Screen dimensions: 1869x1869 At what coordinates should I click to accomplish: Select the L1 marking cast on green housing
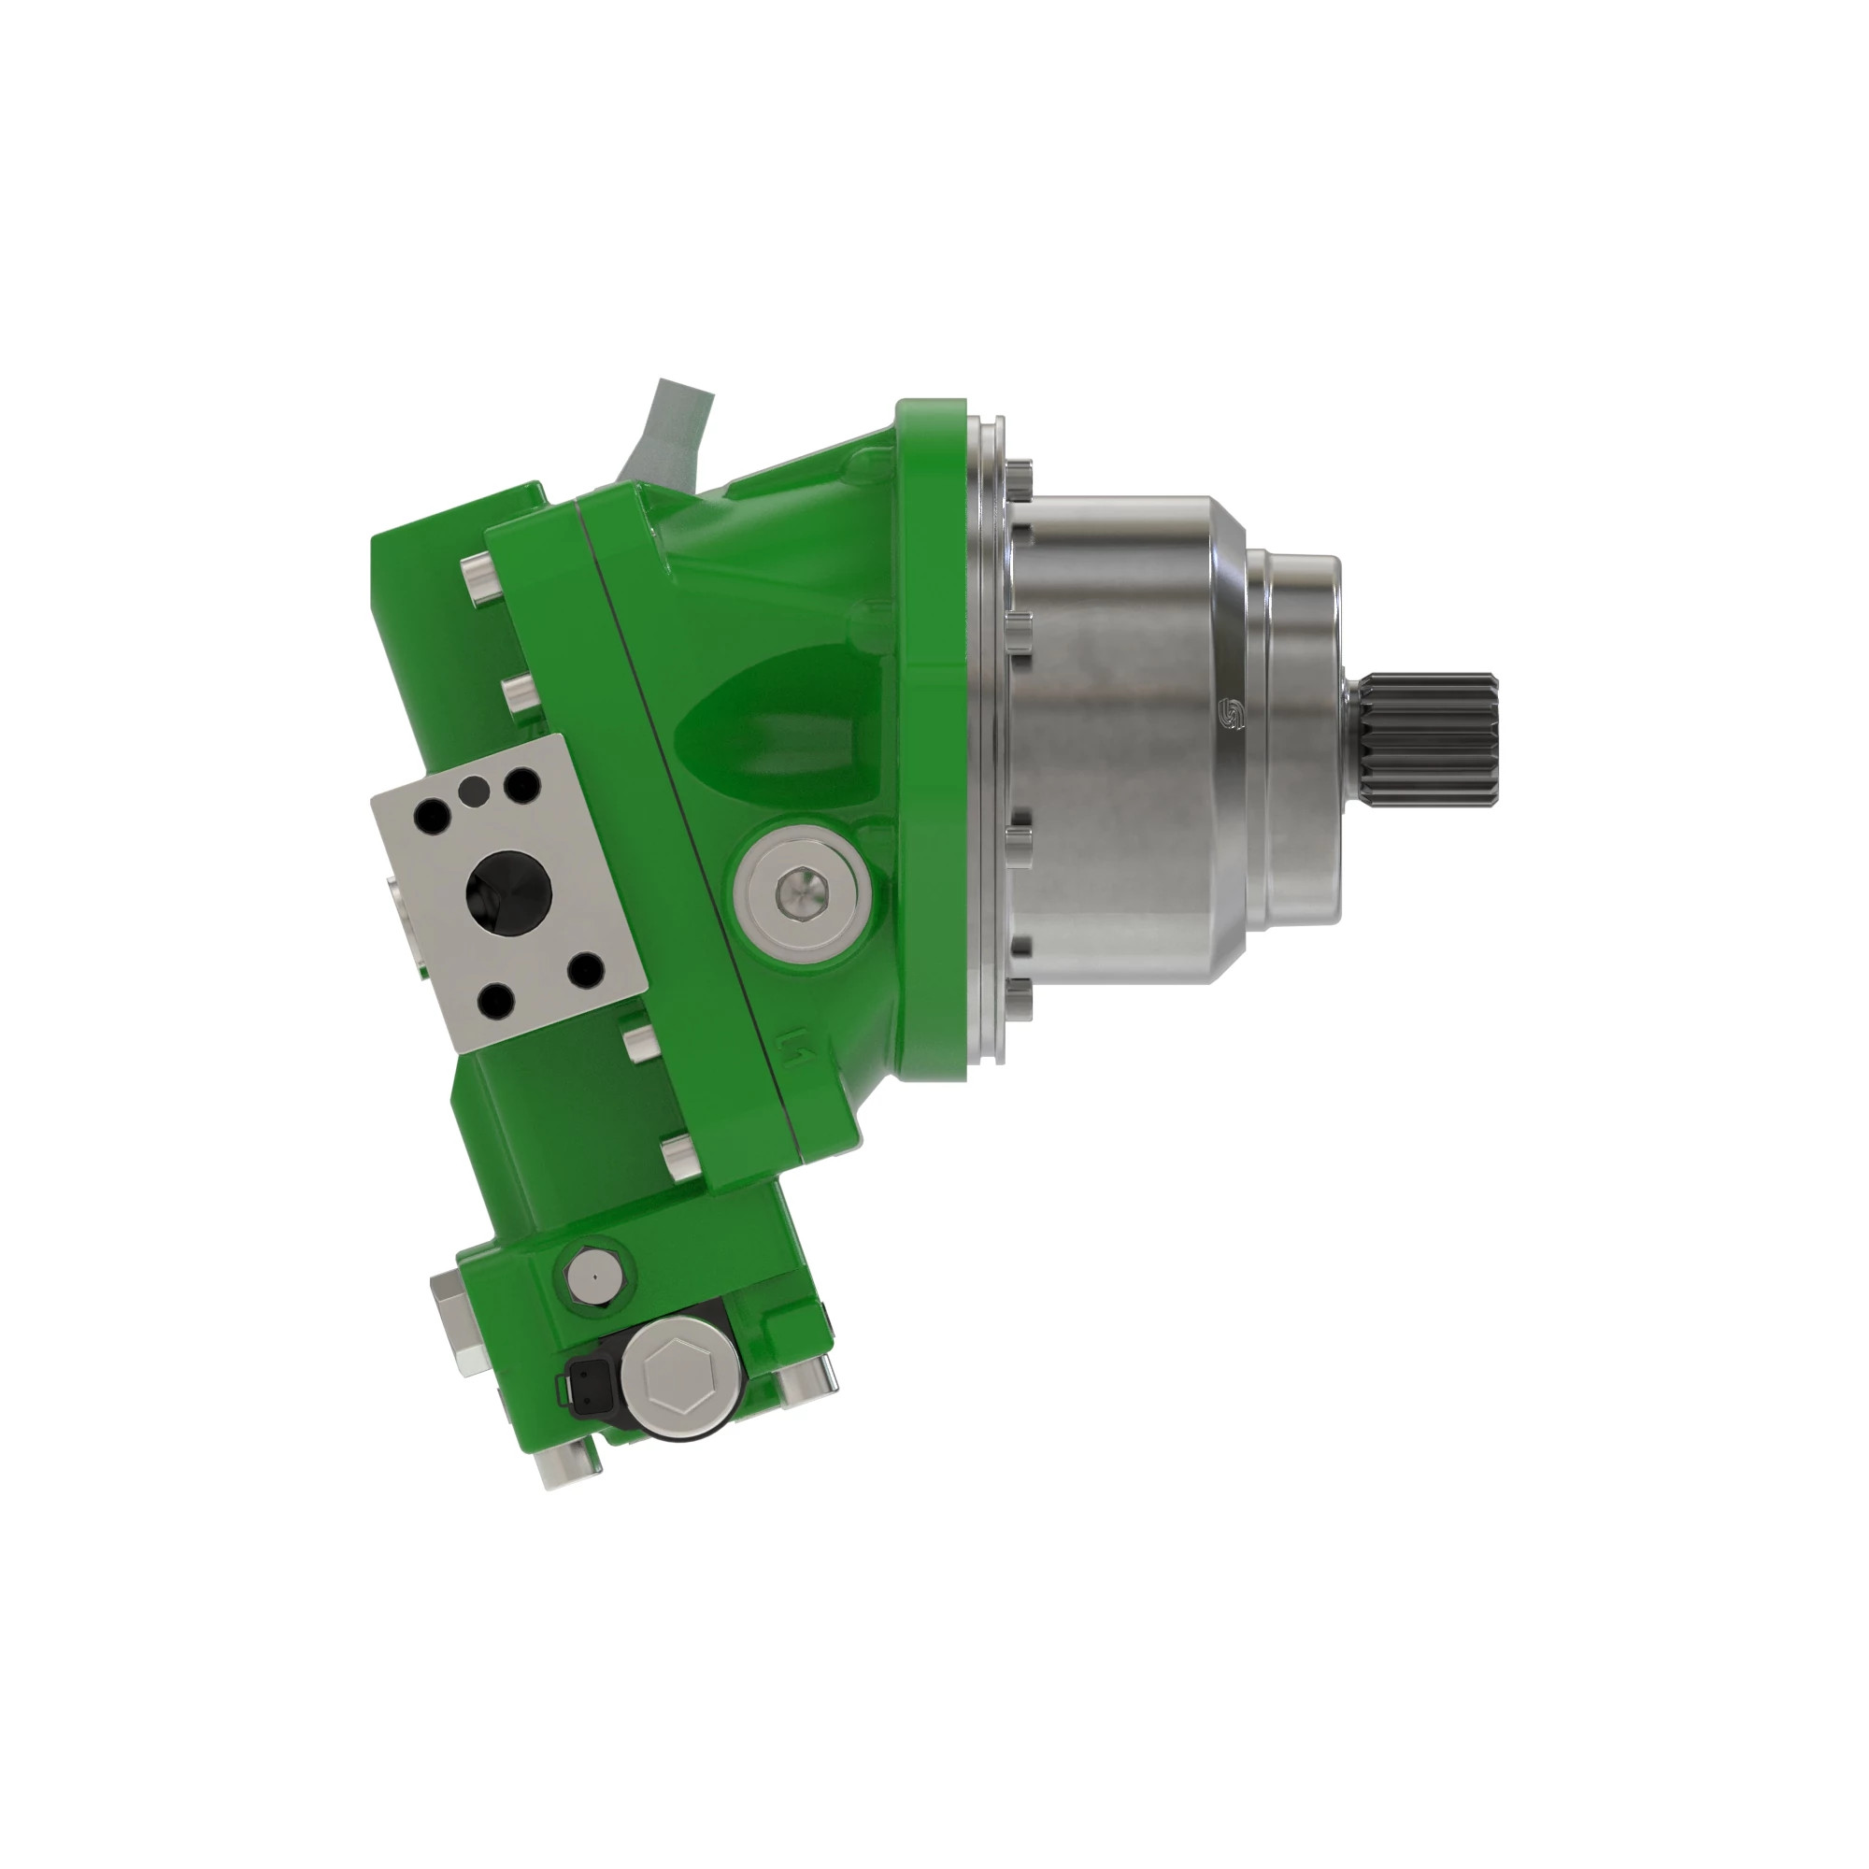tap(795, 1044)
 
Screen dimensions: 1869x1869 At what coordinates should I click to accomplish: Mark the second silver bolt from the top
tap(520, 692)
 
